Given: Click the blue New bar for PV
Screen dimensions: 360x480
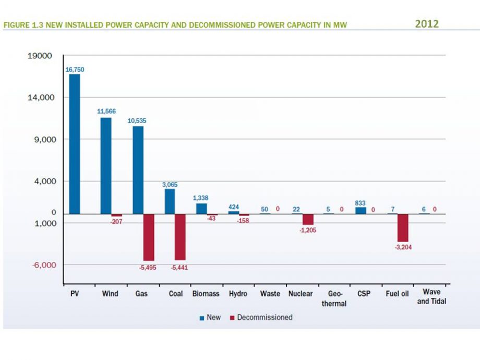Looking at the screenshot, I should click(75, 143).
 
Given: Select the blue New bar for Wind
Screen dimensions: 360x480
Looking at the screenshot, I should click(106, 165).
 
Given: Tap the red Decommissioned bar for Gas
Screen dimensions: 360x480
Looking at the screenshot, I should click(149, 237).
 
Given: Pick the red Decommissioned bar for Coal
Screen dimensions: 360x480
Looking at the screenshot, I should click(180, 237).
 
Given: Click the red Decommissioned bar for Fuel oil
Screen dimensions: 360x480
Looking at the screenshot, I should click(403, 227).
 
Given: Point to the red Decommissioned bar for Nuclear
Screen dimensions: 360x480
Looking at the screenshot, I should click(308, 219).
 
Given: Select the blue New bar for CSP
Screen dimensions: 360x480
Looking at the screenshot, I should click(361, 210).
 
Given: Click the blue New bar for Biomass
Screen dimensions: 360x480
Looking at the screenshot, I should click(201, 208).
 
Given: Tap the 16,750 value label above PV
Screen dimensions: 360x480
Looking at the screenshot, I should click(75, 69).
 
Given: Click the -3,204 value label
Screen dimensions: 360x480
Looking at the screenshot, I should click(403, 247).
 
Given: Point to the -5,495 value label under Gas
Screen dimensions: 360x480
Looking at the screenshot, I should click(148, 267).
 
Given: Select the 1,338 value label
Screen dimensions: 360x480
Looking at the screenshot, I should click(201, 198).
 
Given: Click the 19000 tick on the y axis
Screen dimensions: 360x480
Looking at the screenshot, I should click(40, 56).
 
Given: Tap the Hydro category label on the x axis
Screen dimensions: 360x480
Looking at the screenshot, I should click(238, 294).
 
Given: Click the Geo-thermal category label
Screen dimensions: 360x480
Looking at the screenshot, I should click(333, 298).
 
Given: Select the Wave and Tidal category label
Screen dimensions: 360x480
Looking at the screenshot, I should click(431, 297).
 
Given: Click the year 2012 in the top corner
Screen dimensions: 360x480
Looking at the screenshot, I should click(427, 23).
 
